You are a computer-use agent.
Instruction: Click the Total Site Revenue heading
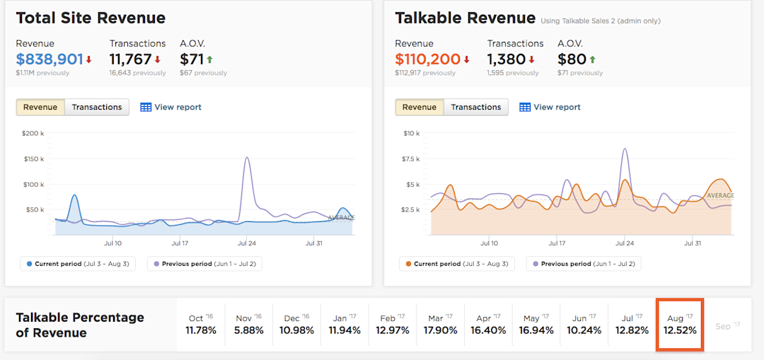(x=91, y=18)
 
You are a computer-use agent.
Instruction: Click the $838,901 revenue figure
(x=50, y=59)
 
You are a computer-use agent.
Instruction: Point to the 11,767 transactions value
(x=130, y=59)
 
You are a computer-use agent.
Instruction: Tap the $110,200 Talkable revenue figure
(x=427, y=59)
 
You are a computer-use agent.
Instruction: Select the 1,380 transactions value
(x=506, y=59)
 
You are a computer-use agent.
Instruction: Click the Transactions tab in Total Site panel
(x=97, y=108)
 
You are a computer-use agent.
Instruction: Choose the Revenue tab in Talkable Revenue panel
(x=419, y=108)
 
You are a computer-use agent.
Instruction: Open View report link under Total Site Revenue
(x=171, y=108)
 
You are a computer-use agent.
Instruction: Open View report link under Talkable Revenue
(x=550, y=108)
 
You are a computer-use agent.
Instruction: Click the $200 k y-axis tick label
(x=33, y=133)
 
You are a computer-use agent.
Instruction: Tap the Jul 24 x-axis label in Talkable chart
(x=625, y=243)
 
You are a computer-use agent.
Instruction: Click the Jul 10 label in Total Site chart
(x=112, y=243)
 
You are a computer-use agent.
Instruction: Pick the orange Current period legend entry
(x=457, y=264)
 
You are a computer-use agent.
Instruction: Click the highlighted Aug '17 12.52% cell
(x=680, y=325)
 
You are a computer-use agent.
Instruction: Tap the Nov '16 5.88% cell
(x=249, y=325)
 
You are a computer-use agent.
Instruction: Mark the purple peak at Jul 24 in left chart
(x=247, y=158)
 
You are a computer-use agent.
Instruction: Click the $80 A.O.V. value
(x=572, y=59)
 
